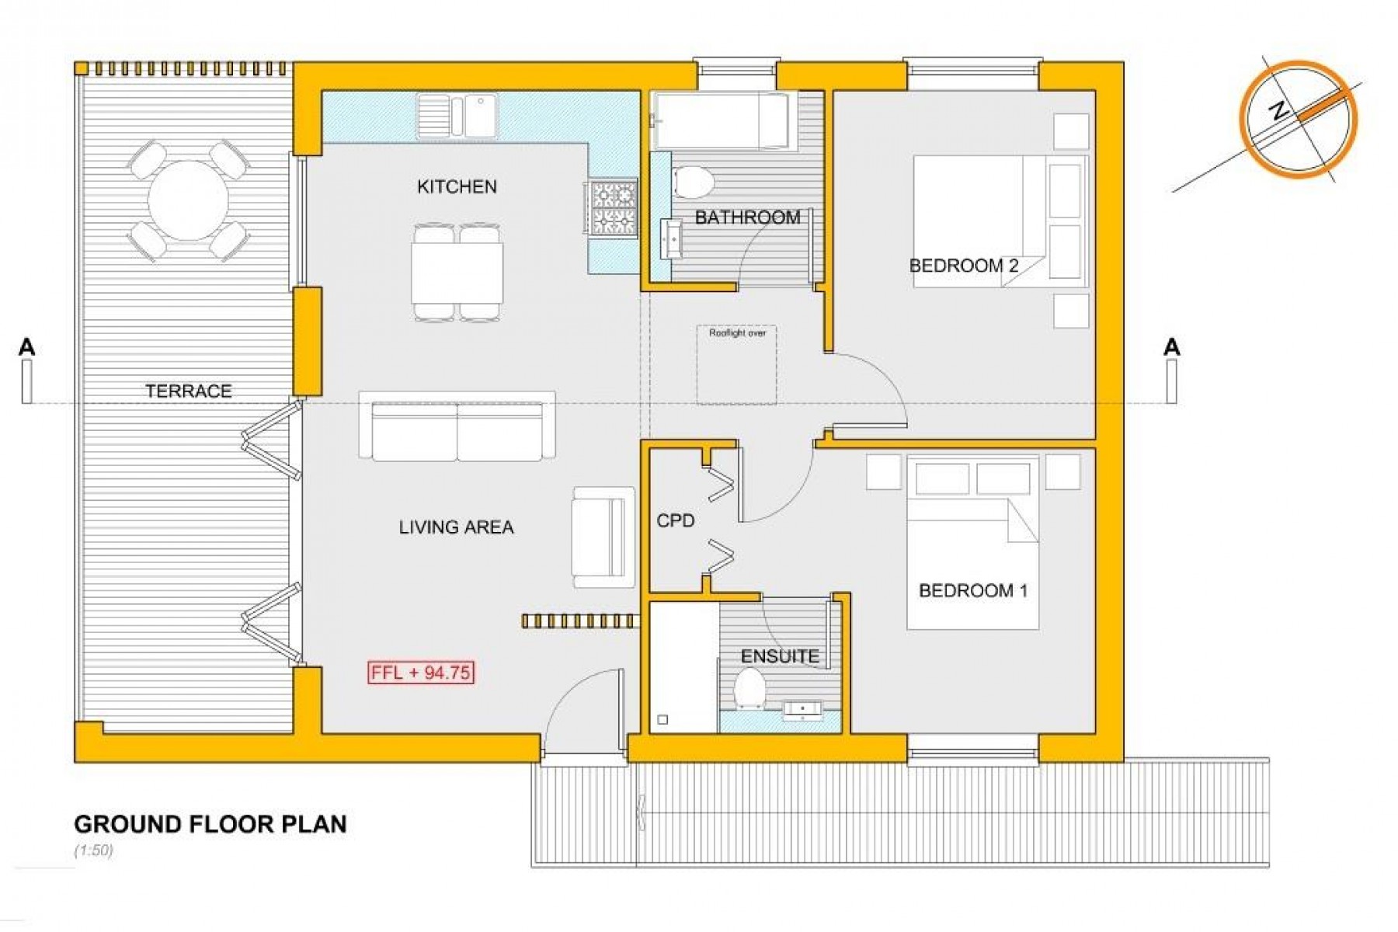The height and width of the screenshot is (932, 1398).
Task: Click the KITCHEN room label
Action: tap(457, 186)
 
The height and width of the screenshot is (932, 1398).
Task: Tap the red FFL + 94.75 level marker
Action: tap(421, 673)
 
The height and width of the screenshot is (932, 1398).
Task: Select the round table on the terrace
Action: tap(188, 200)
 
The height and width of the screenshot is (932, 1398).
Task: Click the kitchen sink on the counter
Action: tap(457, 116)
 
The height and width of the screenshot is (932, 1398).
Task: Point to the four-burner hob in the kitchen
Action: tap(614, 207)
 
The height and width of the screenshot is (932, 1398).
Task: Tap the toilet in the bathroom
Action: tap(694, 182)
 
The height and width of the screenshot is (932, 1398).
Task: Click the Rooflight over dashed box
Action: tap(736, 364)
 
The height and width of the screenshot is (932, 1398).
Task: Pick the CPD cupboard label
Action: tap(675, 520)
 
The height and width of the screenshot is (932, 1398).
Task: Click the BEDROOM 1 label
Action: tap(972, 590)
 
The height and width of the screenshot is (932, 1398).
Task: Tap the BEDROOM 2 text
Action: tap(963, 266)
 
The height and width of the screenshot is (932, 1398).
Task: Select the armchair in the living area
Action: tap(603, 537)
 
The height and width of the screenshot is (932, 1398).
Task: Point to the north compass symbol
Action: tap(1299, 120)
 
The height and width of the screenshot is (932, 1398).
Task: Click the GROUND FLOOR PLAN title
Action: tap(210, 824)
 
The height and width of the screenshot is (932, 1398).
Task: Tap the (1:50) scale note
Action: tap(93, 850)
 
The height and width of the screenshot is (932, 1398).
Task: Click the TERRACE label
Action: tap(189, 391)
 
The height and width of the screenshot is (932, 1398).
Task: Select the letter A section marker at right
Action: tap(1172, 347)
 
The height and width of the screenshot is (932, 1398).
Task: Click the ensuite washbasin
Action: tap(802, 711)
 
